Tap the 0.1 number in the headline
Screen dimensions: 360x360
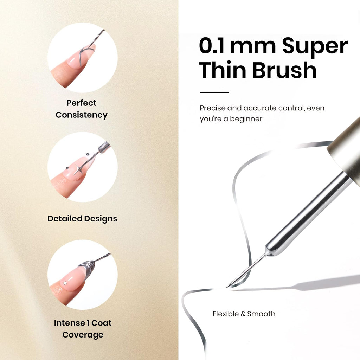coord(211,46)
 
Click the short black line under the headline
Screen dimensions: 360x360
coord(214,92)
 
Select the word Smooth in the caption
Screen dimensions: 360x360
coord(261,314)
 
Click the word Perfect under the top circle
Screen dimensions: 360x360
coord(81,103)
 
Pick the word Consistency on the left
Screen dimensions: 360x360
coord(82,115)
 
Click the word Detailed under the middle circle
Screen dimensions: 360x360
coord(65,218)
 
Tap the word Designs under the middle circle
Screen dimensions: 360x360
coord(101,219)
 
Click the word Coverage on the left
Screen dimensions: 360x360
coord(83,335)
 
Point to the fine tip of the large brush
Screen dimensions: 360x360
coord(227,287)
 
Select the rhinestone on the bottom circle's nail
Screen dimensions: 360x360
coord(65,283)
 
